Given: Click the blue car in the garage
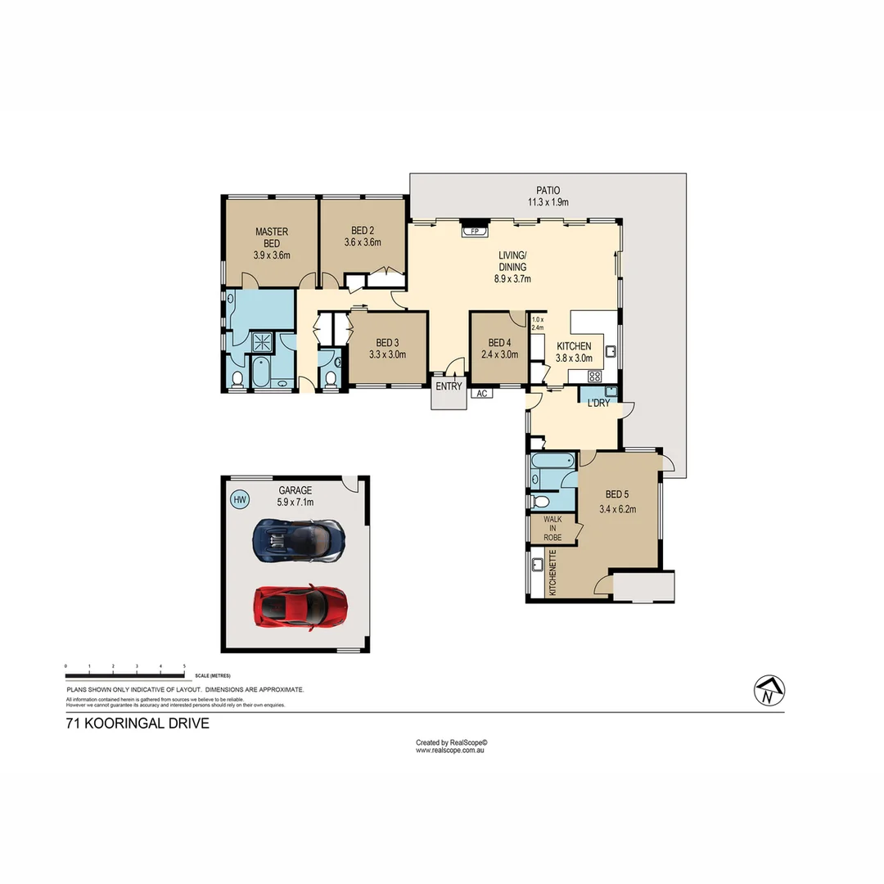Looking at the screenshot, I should coord(299,539).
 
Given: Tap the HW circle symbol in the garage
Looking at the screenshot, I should coord(240,499).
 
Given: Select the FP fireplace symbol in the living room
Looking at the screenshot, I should coord(474,232).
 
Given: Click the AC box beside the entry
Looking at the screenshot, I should coord(482,394).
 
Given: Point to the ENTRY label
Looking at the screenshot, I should coord(449,386).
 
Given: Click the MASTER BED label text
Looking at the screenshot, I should coord(271,237).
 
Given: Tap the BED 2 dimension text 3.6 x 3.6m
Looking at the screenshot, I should coord(363,242).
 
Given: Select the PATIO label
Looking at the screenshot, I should coord(548,190).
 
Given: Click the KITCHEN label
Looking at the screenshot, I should coord(573,346).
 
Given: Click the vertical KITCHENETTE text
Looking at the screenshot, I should coord(553,573).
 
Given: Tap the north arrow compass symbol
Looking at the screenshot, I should coord(767,691).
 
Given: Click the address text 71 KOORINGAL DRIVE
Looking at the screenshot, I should coord(138,724).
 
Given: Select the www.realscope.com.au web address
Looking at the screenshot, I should coord(451,750).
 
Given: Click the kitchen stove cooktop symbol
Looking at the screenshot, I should coord(595,377).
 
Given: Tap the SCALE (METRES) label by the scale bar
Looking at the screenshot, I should coord(213,676).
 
